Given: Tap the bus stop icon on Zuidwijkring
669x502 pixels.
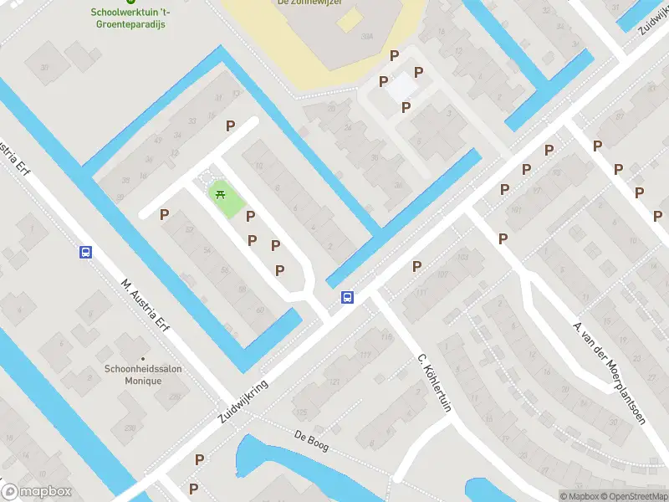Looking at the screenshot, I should [x=346, y=297].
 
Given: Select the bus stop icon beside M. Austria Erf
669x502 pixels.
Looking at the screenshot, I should [x=85, y=252].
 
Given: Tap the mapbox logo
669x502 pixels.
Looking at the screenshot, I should [x=37, y=492].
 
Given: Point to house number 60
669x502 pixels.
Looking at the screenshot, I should [x=260, y=310].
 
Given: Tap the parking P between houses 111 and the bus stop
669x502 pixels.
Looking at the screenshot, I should [x=416, y=266].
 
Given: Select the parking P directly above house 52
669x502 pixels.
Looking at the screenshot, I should [x=165, y=215].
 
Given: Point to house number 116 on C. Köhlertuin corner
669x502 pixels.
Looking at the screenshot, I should [x=386, y=337].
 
